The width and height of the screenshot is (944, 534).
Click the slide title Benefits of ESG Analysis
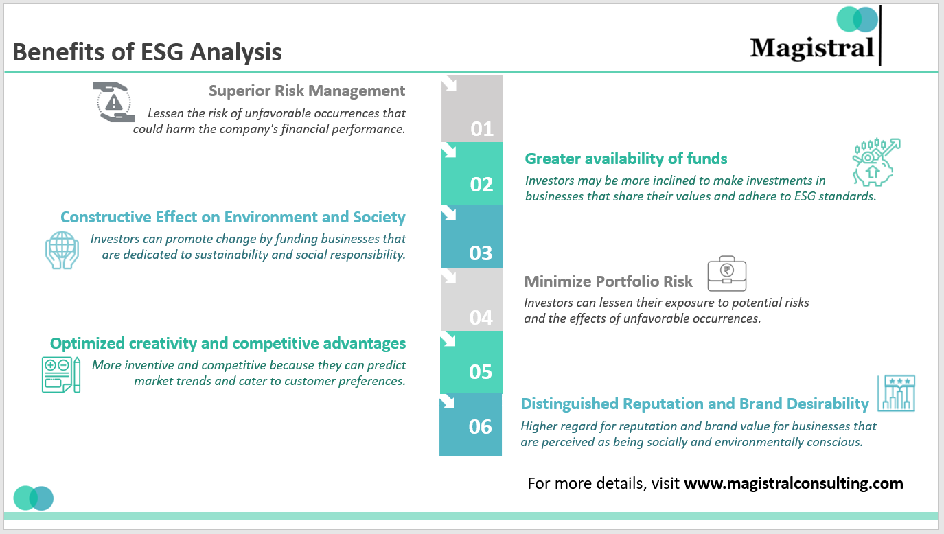click(147, 52)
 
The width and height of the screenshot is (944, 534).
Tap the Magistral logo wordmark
click(811, 48)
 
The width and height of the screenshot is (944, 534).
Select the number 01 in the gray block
click(481, 129)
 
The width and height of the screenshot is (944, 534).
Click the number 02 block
click(481, 185)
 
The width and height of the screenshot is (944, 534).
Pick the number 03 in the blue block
click(481, 253)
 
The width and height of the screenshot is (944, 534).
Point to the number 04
click(481, 317)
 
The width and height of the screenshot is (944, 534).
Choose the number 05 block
click(481, 372)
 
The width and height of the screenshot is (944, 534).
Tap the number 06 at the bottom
click(481, 427)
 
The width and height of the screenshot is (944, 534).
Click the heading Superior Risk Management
click(307, 91)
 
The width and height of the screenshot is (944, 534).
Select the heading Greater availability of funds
click(625, 159)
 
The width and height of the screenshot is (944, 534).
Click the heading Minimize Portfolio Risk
click(608, 281)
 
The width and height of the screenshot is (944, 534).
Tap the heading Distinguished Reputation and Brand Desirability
click(695, 404)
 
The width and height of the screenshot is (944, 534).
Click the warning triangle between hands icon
click(113, 103)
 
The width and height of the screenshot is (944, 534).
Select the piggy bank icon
click(874, 163)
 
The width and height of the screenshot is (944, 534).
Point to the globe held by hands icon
click(62, 248)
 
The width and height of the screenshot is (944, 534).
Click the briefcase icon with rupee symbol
click(726, 272)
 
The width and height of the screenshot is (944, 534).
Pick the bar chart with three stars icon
click(896, 394)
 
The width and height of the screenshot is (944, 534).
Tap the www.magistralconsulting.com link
click(794, 483)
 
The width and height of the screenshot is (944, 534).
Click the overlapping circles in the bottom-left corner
click(33, 498)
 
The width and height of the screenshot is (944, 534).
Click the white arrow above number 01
click(449, 84)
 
